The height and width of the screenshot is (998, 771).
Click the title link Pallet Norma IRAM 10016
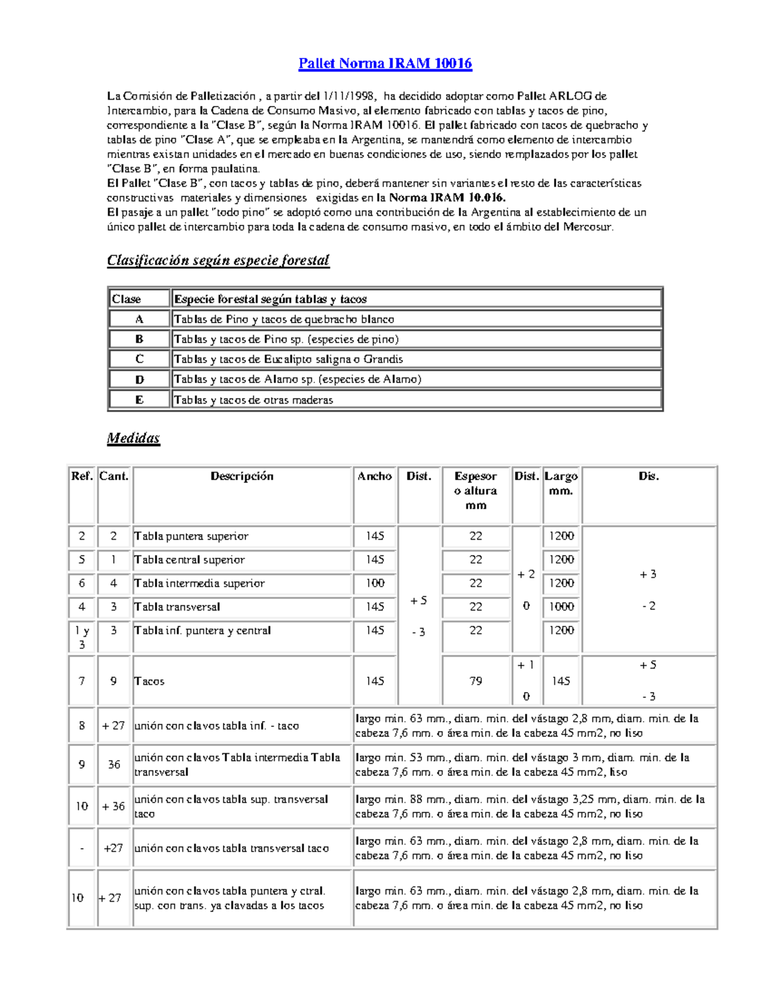coord(385,64)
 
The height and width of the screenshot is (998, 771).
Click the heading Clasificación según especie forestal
coord(218,260)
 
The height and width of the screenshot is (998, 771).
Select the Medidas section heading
coord(133,438)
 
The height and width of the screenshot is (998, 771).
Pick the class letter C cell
coord(139,359)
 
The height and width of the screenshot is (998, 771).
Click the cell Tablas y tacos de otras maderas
coord(254,400)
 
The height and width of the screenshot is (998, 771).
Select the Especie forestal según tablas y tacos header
coord(270,299)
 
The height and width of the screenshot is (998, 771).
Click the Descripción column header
coord(242,476)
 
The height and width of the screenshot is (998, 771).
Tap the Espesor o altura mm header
coord(475,490)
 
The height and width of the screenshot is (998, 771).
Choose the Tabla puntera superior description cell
coord(191,536)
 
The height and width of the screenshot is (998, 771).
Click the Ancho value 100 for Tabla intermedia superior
coord(375,583)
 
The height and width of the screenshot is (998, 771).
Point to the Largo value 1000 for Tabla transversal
coord(561,607)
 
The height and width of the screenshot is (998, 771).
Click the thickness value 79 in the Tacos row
coord(475,681)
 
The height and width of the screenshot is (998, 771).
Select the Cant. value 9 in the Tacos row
coord(114,681)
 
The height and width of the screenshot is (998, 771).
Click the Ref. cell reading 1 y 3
coord(82,637)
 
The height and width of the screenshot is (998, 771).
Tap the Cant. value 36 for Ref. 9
coord(114,765)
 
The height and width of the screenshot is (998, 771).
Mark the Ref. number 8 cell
coord(82,726)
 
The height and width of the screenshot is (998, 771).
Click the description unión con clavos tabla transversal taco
coord(231,848)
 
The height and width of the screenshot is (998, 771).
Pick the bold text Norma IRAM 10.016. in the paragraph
coord(447,198)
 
